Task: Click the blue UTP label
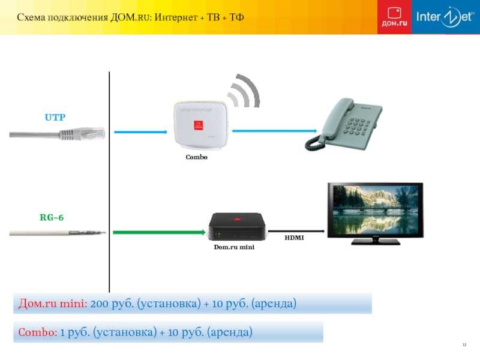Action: coord(55,117)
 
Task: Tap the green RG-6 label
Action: coord(52,217)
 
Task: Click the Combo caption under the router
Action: coord(197,157)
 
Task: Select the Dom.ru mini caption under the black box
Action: coord(234,247)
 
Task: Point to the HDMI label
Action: coord(294,238)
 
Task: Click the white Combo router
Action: coord(201,126)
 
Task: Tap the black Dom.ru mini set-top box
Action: coord(237,227)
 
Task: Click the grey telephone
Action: coord(343,124)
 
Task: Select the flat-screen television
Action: coord(376,214)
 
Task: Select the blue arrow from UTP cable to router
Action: coord(141,132)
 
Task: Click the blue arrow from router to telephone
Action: coord(275,131)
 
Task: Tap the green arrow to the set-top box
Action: coord(159,232)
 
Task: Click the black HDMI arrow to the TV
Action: coord(296,231)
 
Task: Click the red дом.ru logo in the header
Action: coord(394,17)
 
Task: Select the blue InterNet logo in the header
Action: coord(446,17)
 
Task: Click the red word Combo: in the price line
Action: coord(38,332)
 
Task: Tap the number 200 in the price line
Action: coord(100,304)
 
